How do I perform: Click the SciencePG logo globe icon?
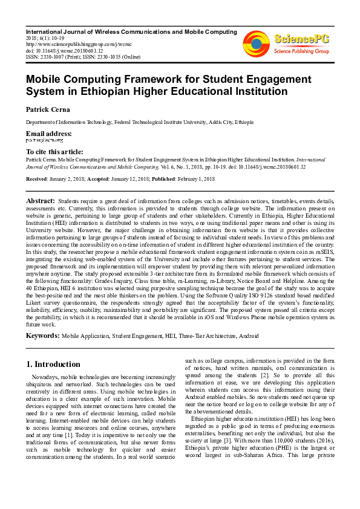point(256,43)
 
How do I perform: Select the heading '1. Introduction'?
point(54,365)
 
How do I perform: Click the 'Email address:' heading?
point(48,134)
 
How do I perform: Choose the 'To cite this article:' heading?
point(54,152)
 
